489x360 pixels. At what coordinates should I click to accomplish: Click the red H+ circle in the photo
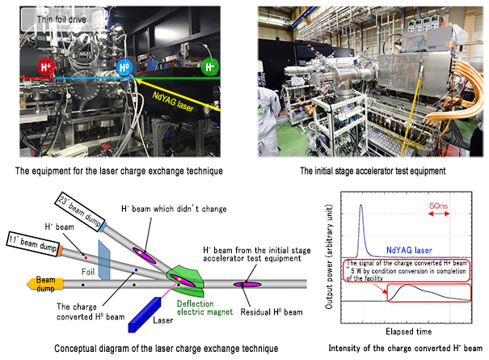tap(46, 67)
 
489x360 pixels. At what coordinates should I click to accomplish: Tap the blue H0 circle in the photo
tap(124, 67)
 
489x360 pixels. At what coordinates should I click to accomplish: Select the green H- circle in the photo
tap(209, 67)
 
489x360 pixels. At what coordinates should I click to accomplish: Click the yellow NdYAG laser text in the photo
tap(173, 101)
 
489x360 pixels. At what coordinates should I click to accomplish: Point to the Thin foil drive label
tap(61, 19)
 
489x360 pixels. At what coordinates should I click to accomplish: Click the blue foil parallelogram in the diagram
tap(103, 260)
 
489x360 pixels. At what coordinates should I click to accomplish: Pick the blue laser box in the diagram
tap(145, 315)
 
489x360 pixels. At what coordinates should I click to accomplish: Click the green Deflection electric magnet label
tap(204, 308)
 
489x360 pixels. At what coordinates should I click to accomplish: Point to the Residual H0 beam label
tap(272, 312)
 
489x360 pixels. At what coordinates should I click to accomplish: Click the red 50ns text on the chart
tap(438, 205)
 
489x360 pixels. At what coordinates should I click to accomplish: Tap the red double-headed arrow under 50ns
tap(438, 214)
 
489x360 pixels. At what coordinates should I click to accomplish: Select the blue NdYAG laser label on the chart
tap(409, 250)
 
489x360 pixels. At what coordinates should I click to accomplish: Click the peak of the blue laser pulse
tap(361, 205)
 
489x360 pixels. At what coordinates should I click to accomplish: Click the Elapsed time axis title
tap(408, 331)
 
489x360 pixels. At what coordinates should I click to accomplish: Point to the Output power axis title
tap(329, 256)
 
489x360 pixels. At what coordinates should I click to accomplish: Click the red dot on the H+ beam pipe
tap(86, 257)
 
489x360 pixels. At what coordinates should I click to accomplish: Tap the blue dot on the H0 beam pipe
tap(136, 269)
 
